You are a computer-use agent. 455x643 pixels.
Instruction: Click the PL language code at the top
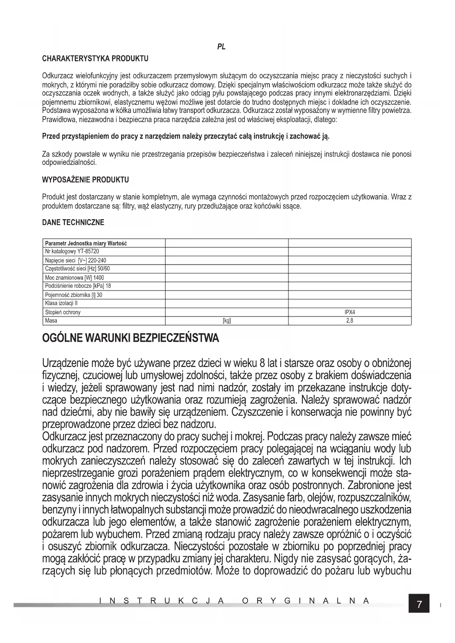tap(221, 47)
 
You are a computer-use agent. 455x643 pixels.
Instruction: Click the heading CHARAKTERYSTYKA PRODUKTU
tap(95, 59)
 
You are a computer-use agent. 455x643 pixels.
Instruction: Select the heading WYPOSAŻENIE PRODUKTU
tap(85, 180)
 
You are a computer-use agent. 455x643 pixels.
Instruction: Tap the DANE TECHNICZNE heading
tap(73, 223)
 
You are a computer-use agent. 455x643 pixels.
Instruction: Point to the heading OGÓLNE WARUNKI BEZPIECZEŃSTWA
tap(131, 338)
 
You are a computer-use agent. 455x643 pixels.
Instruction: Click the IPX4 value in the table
tap(350, 312)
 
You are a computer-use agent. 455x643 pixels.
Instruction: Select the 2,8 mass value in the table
tap(350, 321)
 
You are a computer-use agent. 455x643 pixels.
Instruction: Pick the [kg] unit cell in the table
tap(227, 321)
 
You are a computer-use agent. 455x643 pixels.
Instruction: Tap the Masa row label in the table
tap(51, 321)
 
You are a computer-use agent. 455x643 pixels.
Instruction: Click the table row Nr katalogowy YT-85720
tap(72, 251)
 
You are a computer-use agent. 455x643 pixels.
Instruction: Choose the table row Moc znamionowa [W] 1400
tap(74, 278)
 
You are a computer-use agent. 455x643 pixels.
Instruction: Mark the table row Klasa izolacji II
tap(61, 304)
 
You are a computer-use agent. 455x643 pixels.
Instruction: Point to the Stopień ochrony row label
tap(63, 312)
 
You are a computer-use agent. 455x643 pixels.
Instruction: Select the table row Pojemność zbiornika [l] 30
tap(73, 295)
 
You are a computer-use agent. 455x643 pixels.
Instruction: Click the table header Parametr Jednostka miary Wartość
tap(86, 243)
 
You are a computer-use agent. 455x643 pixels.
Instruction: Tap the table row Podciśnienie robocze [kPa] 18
tap(78, 286)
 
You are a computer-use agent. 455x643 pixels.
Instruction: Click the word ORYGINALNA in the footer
tap(305, 601)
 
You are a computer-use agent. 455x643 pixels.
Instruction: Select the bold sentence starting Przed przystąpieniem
tap(186, 137)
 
